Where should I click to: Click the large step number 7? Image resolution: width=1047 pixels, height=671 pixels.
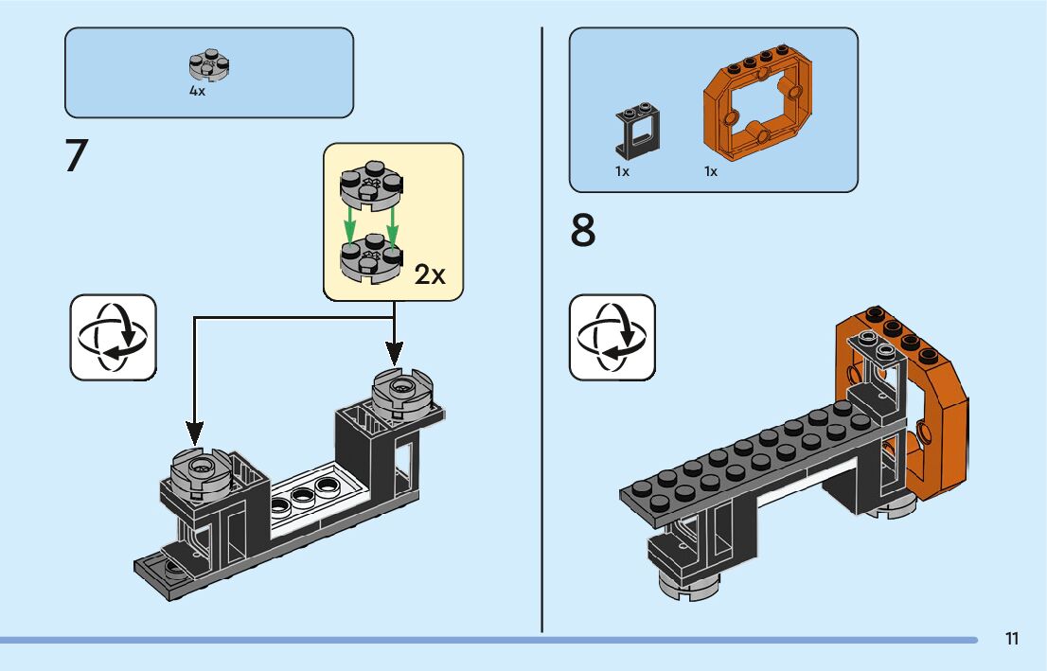(76, 156)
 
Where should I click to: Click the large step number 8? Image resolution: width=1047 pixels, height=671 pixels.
(584, 232)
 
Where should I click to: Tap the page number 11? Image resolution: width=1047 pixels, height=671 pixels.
(1012, 639)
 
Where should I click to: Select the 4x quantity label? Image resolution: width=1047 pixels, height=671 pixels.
(197, 92)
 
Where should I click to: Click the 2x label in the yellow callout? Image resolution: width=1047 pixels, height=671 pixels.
(430, 274)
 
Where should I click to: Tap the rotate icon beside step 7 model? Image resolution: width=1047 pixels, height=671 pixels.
(113, 338)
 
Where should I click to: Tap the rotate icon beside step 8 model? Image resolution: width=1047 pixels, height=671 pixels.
(612, 338)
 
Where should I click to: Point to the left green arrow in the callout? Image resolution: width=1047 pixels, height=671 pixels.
(350, 224)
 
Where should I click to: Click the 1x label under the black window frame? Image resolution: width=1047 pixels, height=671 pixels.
(622, 172)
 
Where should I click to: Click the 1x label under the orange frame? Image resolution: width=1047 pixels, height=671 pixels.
(710, 172)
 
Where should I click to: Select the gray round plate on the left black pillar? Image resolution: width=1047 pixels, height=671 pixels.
(200, 468)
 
